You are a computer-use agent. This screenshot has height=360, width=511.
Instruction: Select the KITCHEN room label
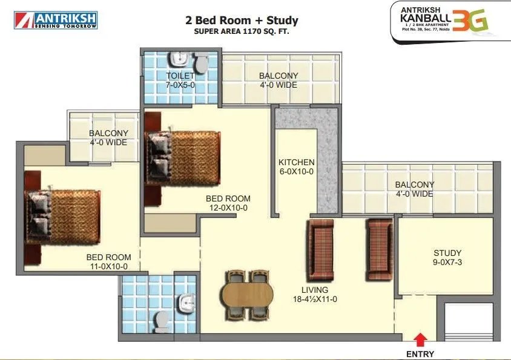[x=296, y=162]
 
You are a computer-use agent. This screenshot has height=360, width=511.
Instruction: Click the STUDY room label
[x=447, y=253]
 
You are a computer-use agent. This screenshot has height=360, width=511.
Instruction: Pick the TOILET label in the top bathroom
[x=180, y=76]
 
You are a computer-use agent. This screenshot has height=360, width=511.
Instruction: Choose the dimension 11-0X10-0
[x=107, y=266]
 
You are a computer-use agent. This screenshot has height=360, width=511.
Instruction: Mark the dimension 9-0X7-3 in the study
[x=447, y=263]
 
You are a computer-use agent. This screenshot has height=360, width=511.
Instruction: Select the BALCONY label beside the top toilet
[x=278, y=76]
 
